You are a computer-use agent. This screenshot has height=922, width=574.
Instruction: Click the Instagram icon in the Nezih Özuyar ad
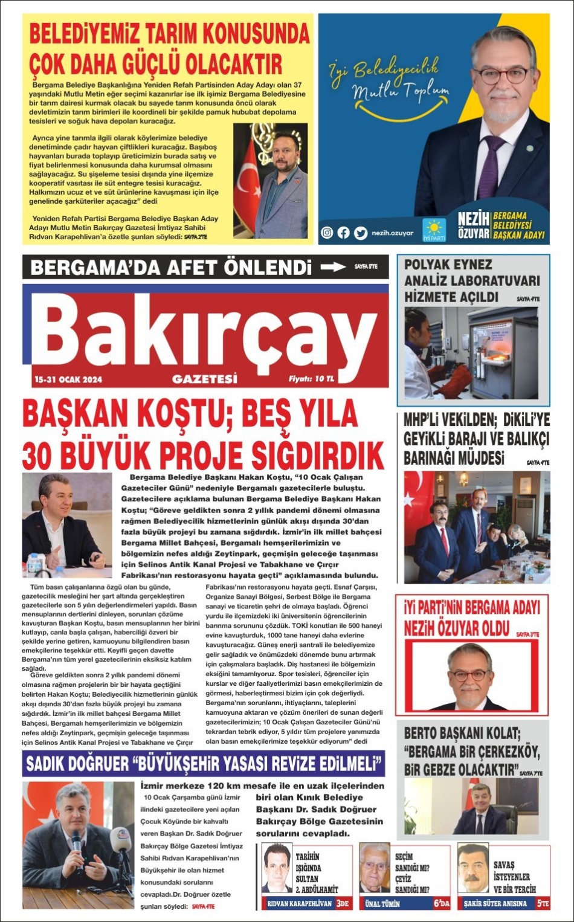pos(327,233)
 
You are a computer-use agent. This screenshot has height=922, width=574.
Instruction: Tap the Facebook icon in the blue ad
pos(343,233)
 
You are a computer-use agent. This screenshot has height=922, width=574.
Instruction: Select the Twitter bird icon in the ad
pos(360,233)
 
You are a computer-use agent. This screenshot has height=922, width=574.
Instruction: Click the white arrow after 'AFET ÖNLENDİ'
pos(333,266)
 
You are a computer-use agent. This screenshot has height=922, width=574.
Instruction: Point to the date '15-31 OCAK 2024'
pos(68,379)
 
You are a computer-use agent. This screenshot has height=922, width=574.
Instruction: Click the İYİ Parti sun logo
pos(433,228)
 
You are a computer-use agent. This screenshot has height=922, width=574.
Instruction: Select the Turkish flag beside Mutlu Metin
pos(247,181)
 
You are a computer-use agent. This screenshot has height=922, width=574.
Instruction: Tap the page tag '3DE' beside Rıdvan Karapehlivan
pos(343,903)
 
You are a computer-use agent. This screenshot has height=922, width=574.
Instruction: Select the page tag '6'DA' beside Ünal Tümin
pos(440,903)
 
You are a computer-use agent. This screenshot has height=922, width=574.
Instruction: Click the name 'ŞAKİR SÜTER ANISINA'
pos(495,904)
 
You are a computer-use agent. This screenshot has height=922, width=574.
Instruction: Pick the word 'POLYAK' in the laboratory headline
pos(426,265)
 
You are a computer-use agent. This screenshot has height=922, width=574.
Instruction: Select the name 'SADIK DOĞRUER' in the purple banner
pos(77,764)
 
